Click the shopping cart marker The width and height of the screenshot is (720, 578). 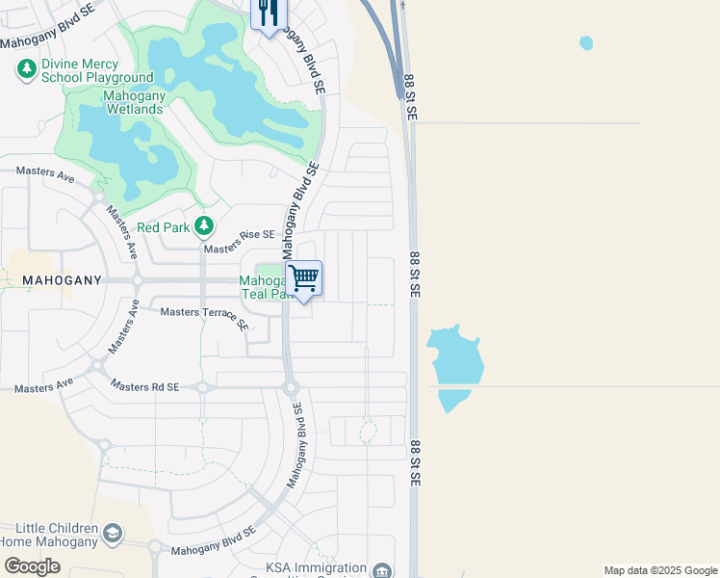pos(304,278)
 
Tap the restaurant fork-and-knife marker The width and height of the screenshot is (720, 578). pos(268,13)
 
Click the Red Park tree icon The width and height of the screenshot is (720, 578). pos(203,226)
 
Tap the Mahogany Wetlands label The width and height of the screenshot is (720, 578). pos(134,102)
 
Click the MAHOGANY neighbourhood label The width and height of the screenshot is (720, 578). pos(62,279)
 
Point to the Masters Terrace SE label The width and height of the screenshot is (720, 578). pos(204,315)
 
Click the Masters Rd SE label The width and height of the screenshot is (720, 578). pos(144,386)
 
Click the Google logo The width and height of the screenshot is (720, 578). pos(32,566)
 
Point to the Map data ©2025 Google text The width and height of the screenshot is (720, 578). pos(659,570)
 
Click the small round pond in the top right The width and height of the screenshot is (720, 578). pos(586,43)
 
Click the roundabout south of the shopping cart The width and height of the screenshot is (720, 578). pos(290,387)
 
